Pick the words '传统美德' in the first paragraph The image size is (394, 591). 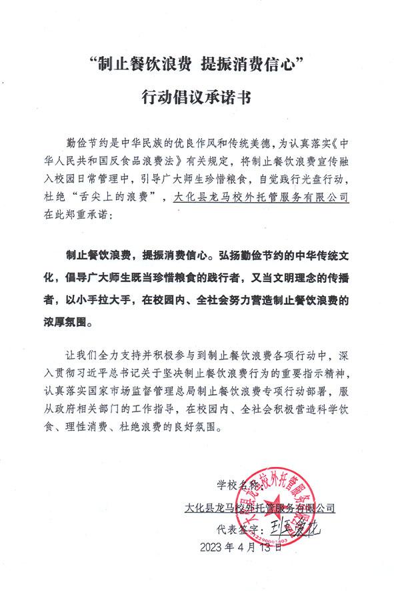(x=239, y=143)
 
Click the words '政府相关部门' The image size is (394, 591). (x=113, y=408)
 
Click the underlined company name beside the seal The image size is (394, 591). (x=259, y=509)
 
